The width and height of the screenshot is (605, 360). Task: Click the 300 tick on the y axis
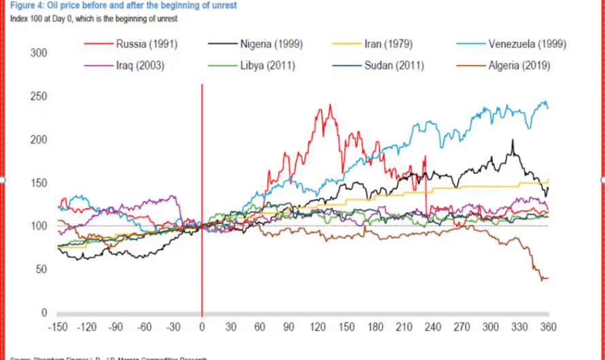(39, 52)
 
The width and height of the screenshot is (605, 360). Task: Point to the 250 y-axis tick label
(39, 96)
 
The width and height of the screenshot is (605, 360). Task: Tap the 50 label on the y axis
(41, 270)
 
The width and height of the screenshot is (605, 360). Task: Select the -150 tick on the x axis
(58, 327)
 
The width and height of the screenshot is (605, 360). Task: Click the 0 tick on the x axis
(202, 327)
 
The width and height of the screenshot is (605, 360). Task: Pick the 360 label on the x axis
(547, 327)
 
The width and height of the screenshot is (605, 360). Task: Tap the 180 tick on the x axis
(375, 327)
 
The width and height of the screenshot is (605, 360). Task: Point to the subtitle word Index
(20, 18)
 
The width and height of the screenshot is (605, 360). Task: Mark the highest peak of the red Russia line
(330, 105)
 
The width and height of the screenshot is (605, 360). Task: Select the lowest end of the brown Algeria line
(542, 280)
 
